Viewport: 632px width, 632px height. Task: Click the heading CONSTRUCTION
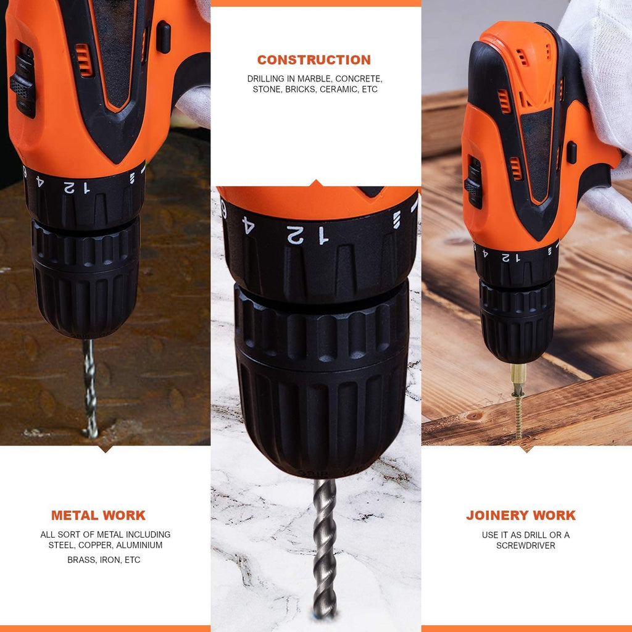pyautogui.click(x=314, y=60)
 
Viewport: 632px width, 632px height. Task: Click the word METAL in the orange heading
pyautogui.click(x=75, y=515)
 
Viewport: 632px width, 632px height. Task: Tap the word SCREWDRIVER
pyautogui.click(x=526, y=546)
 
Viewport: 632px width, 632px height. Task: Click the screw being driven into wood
pyautogui.click(x=518, y=415)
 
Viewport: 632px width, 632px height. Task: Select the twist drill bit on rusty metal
pyautogui.click(x=90, y=389)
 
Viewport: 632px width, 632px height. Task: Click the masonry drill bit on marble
pyautogui.click(x=324, y=548)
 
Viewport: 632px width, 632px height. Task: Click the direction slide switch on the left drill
pyautogui.click(x=23, y=80)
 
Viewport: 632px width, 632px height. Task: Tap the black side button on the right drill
pyautogui.click(x=572, y=152)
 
